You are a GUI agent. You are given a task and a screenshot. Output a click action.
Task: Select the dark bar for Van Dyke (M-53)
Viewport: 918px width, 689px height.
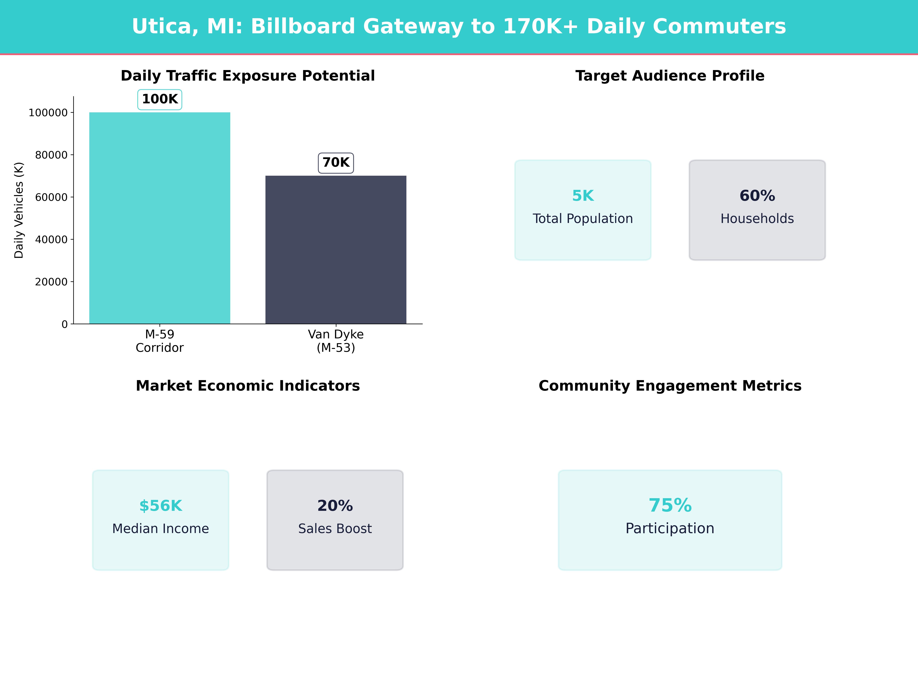coord(336,249)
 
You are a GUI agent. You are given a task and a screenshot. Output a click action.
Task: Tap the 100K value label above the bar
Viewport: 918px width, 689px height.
coord(160,99)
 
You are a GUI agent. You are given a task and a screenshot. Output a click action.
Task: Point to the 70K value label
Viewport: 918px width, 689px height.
coord(336,162)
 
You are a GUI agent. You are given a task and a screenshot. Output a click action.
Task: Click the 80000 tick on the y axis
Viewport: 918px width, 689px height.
coord(51,155)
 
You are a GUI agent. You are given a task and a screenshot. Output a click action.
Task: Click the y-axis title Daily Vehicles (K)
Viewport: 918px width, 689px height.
coord(19,210)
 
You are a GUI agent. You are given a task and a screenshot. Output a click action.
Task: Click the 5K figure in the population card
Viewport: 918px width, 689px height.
coord(583,196)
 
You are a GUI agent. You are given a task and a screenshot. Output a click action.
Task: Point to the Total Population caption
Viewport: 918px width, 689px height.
coord(583,218)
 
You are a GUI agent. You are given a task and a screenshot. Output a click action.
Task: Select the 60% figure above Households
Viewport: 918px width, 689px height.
coord(757,196)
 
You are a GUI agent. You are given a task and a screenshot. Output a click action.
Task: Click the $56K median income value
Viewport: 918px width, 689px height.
coord(161,506)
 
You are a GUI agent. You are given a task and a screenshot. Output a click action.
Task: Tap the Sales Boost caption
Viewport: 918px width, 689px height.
coord(335,529)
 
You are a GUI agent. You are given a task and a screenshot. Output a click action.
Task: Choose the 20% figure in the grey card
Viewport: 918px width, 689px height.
coord(335,506)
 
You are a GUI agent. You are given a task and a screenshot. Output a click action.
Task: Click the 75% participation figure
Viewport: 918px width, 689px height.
coord(670,505)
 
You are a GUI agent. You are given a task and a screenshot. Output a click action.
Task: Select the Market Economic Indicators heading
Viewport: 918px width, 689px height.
coord(248,386)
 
